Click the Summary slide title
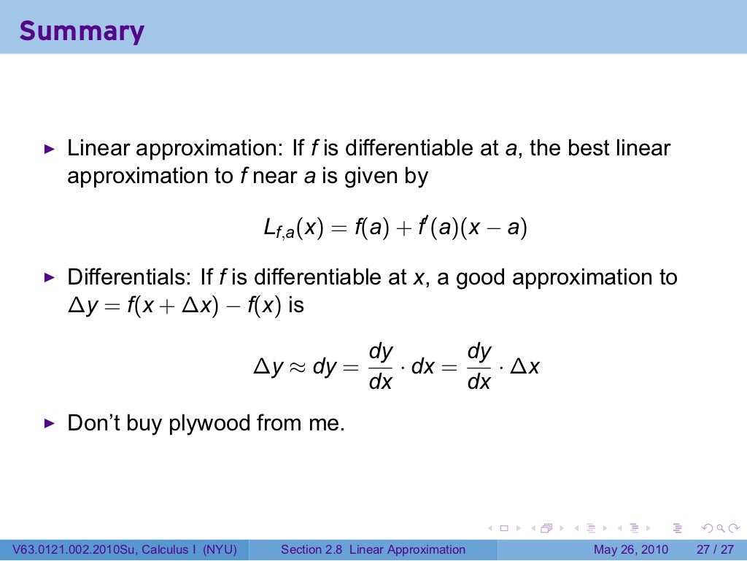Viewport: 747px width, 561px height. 82,31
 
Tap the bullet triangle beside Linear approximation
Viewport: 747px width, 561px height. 49,149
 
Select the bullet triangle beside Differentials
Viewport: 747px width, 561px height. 49,277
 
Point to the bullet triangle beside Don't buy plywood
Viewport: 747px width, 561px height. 49,423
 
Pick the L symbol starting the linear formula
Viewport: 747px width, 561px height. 269,228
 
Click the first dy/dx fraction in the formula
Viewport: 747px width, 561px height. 381,366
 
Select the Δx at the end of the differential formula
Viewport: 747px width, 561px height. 525,367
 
